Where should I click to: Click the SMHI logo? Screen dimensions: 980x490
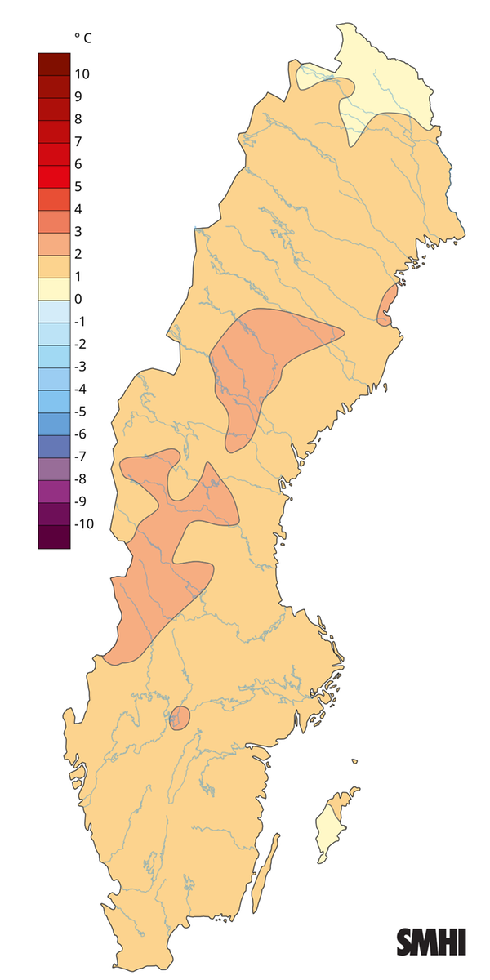pyautogui.click(x=431, y=942)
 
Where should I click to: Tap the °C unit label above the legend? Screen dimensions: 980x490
pyautogui.click(x=82, y=38)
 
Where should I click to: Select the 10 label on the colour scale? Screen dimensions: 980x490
pyautogui.click(x=82, y=74)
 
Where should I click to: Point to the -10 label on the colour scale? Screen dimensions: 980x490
pyautogui.click(x=84, y=523)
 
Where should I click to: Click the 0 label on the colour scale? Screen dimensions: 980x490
pyautogui.click(x=78, y=299)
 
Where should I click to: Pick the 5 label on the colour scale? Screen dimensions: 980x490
pyautogui.click(x=78, y=186)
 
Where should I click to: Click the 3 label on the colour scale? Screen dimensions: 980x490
pyautogui.click(x=78, y=231)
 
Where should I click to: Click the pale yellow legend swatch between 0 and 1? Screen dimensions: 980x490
pyautogui.click(x=54, y=287)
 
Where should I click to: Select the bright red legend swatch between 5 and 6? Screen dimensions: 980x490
pyautogui.click(x=54, y=175)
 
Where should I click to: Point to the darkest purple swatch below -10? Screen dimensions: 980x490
pyautogui.click(x=54, y=537)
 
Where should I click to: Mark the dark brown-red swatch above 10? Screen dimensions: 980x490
pyautogui.click(x=54, y=63)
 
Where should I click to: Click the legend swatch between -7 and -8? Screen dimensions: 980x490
pyautogui.click(x=54, y=467)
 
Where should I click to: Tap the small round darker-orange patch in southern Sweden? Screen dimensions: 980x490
pyautogui.click(x=179, y=719)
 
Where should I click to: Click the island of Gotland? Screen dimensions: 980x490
pyautogui.click(x=332, y=825)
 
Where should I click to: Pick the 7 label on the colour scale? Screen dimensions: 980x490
pyautogui.click(x=78, y=141)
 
